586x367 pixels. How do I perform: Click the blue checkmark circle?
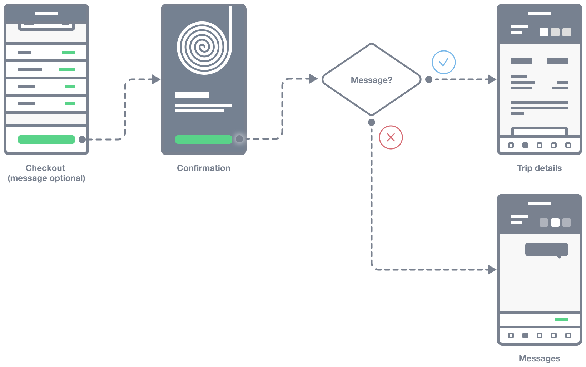(x=443, y=62)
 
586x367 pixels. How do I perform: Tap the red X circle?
(x=391, y=137)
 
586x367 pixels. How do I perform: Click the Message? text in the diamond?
(x=371, y=80)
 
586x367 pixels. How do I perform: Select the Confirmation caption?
(x=204, y=168)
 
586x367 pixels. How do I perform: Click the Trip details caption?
(x=539, y=168)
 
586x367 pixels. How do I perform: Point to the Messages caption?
(x=539, y=358)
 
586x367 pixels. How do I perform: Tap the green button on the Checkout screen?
(x=46, y=140)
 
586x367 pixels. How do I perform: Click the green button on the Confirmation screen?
(x=203, y=140)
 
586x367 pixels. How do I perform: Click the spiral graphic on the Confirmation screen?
(x=202, y=47)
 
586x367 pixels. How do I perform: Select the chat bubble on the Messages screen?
(x=546, y=250)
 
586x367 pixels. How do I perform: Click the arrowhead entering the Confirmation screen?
(x=156, y=79)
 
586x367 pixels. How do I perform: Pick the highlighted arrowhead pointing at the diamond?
(x=313, y=79)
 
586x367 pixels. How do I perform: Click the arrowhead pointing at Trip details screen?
(x=492, y=79)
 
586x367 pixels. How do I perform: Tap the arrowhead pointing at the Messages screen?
(x=492, y=270)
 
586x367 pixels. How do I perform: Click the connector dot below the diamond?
(x=372, y=122)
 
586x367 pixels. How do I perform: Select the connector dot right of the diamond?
(x=428, y=79)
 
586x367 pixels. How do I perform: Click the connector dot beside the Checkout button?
(x=82, y=140)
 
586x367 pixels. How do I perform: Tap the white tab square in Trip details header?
(x=543, y=32)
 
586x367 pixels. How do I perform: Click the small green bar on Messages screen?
(x=561, y=320)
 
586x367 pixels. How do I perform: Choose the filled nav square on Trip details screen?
(x=525, y=145)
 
